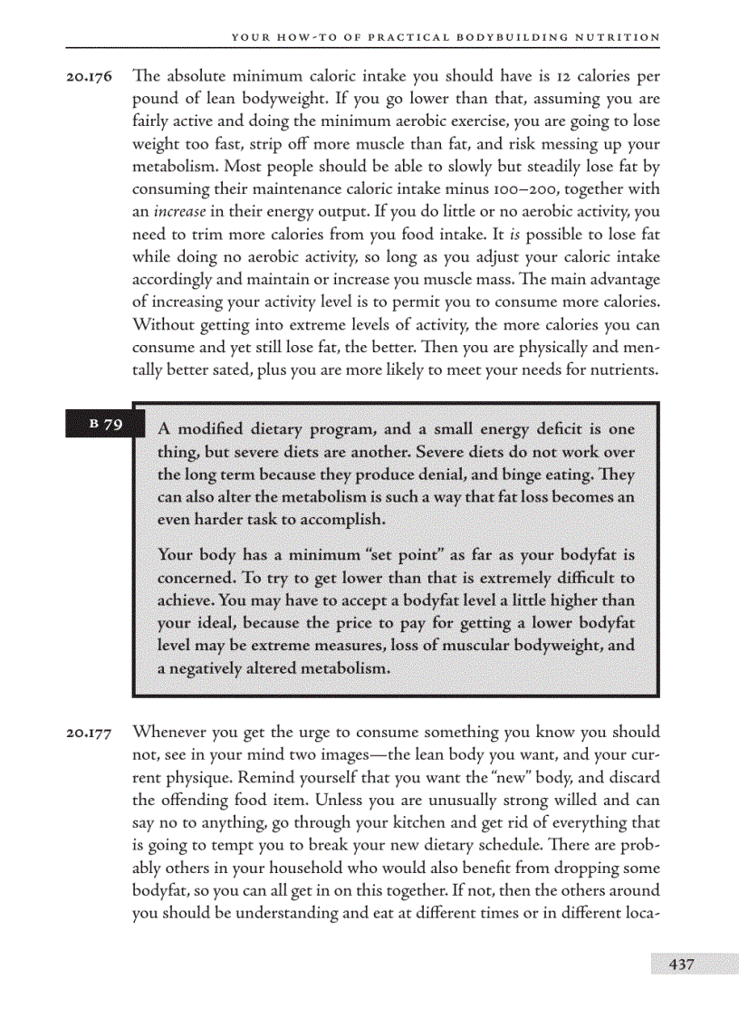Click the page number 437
pos(681,964)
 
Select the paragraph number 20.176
pos(89,77)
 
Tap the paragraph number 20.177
pos(89,733)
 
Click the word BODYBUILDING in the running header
pos(507,37)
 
